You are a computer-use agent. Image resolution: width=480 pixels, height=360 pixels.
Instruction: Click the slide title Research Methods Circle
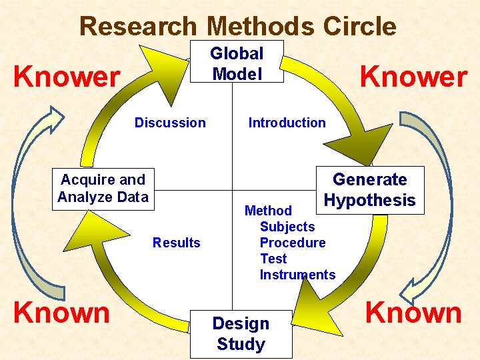237,27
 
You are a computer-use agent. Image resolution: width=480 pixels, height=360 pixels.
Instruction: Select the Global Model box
237,62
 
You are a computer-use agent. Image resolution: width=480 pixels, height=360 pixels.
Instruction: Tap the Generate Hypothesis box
369,190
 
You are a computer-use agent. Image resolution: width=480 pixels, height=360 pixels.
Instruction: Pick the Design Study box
241,333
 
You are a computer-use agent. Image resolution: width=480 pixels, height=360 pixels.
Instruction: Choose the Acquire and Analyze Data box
103,188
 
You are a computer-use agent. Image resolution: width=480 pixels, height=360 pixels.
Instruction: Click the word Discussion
170,123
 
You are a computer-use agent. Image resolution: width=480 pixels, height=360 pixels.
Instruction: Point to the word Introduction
287,123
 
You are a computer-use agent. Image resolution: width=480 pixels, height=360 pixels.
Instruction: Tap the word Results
176,243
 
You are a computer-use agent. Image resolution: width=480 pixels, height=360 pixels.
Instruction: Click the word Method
268,211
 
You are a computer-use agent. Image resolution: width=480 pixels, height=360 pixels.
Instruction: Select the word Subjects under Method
287,227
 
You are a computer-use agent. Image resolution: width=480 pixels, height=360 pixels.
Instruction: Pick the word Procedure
293,243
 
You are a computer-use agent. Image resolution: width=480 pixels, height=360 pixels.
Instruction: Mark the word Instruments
297,275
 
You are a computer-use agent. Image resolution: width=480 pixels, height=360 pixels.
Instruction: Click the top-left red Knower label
67,77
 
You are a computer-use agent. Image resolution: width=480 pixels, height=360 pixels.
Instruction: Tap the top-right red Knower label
413,77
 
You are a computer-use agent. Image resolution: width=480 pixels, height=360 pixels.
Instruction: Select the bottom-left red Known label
61,312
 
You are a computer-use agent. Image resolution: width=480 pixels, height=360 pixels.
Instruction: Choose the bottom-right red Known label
413,312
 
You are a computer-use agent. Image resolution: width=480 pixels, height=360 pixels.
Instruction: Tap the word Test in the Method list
273,259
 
